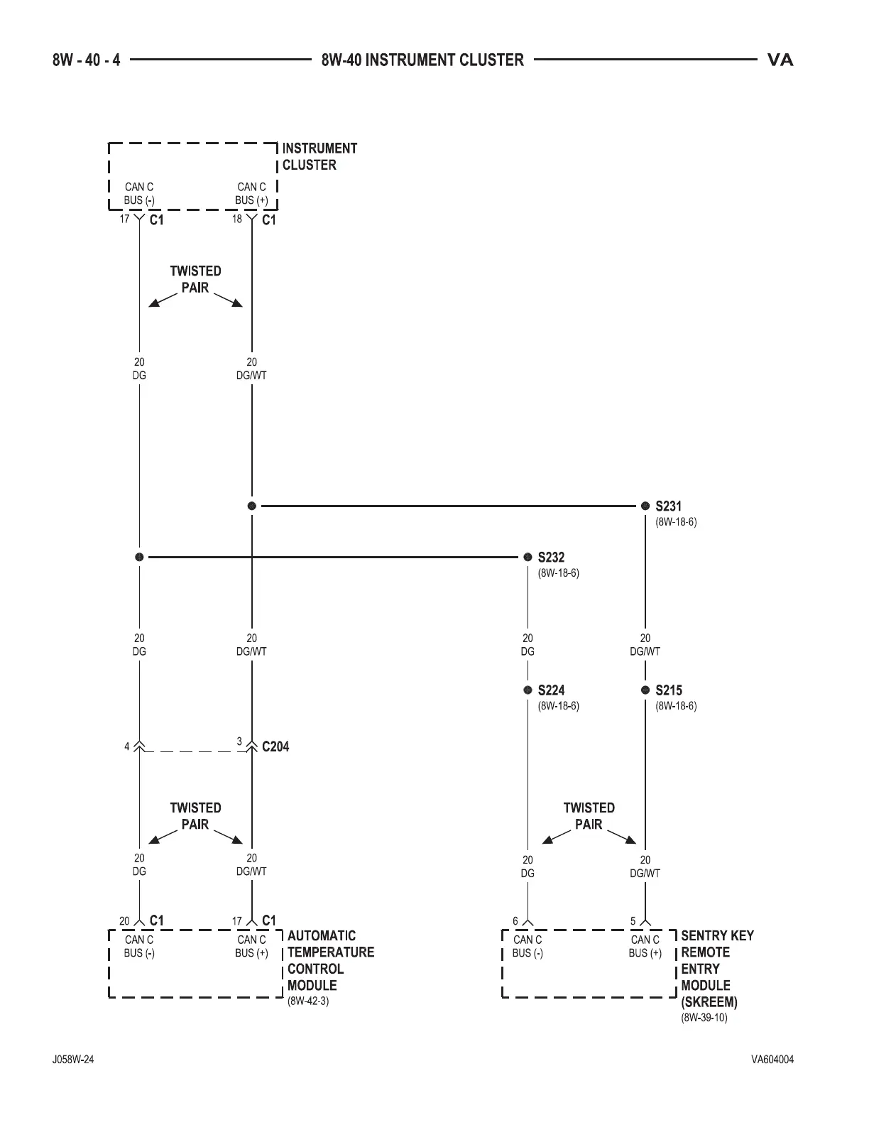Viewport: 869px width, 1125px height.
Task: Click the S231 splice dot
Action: [645, 506]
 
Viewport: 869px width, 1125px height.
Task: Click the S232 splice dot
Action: [528, 557]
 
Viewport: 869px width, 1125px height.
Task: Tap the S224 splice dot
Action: [528, 690]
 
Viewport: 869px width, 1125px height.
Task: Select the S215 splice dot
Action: [645, 690]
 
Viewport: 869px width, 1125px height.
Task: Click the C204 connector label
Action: [275, 746]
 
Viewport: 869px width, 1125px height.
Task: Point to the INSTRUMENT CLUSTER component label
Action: [319, 156]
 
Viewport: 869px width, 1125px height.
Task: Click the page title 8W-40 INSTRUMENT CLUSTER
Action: [422, 60]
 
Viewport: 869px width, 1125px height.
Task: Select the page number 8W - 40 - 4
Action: [86, 60]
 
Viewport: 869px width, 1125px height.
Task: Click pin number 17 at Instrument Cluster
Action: [124, 219]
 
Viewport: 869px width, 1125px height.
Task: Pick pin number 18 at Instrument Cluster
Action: [237, 219]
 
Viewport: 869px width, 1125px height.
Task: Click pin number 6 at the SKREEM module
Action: [515, 921]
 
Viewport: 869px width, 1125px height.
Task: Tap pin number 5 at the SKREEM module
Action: [633, 921]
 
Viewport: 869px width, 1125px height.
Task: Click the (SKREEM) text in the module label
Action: [709, 1002]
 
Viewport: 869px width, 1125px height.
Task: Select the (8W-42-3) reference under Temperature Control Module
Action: [308, 1001]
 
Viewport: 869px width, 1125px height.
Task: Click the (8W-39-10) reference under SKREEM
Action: [704, 1018]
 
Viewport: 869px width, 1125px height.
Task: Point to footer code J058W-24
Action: [73, 1060]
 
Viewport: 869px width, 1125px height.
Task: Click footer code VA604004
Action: [772, 1060]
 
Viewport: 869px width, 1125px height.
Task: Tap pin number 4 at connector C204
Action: [127, 746]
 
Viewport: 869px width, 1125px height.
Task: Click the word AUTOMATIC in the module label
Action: [322, 935]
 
